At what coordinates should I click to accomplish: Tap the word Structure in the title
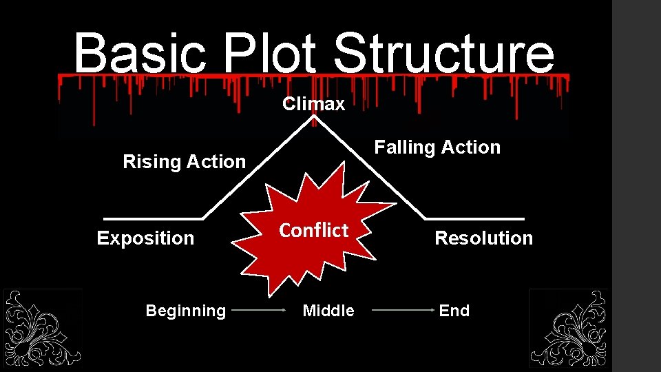pos(443,54)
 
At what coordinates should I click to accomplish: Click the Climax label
pos(313,104)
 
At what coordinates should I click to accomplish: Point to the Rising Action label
pos(184,162)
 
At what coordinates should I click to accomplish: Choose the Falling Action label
pos(437,147)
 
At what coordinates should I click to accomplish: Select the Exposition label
pos(145,238)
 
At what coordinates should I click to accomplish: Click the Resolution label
pos(483,238)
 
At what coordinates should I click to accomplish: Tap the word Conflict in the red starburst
pos(313,230)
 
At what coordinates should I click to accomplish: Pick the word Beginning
pos(185,311)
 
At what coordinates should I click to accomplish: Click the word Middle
pos(328,311)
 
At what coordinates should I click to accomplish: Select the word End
pos(454,311)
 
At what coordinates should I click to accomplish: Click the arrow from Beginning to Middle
pos(259,311)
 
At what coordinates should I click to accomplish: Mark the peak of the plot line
pos(314,118)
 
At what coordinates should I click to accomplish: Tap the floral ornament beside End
pos(568,328)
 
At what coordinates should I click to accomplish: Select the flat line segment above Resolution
pos(475,218)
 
